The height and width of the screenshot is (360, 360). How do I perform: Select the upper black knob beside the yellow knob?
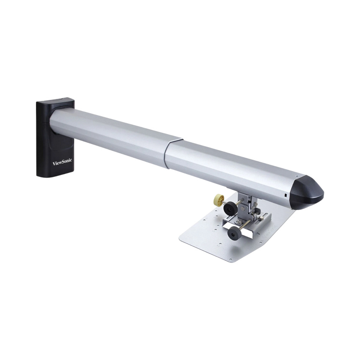pyautogui.click(x=230, y=208)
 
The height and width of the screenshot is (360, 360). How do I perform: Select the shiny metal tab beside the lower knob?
pyautogui.click(x=226, y=226)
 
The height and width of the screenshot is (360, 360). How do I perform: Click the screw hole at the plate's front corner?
pyautogui.click(x=231, y=260)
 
